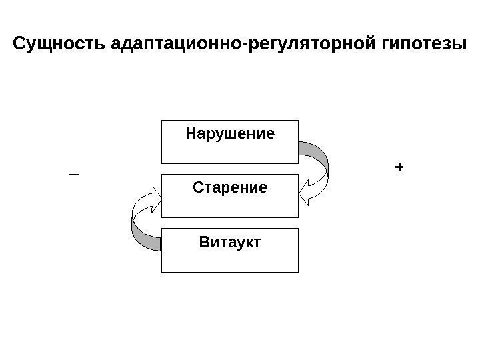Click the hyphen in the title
point(247,46)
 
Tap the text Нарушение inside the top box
point(229,134)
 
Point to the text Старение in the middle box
point(229,188)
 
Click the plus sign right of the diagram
point(399,167)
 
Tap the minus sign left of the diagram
point(73,174)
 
